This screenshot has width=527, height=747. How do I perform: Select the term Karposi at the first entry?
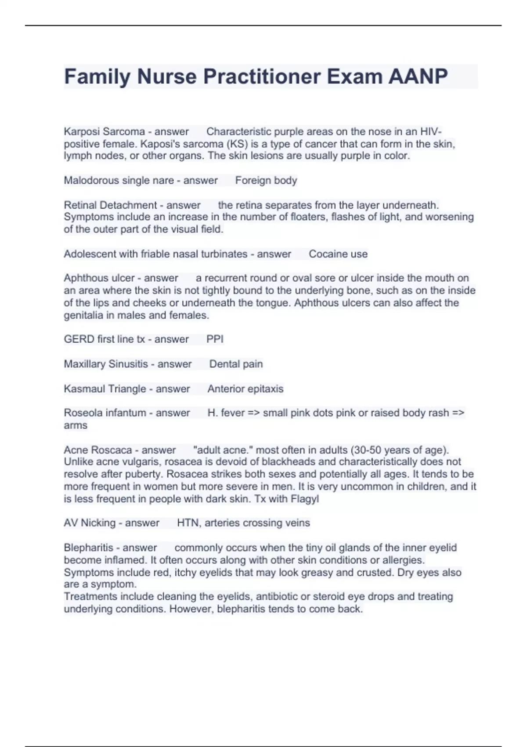pos(82,131)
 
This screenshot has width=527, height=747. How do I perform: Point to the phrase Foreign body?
pos(266,180)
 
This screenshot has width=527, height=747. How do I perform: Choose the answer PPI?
pos(215,339)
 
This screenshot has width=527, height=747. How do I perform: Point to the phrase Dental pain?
pos(236,364)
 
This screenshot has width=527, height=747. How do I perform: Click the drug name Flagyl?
pos(305,499)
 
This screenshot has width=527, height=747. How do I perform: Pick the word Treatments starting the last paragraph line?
pos(90,597)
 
